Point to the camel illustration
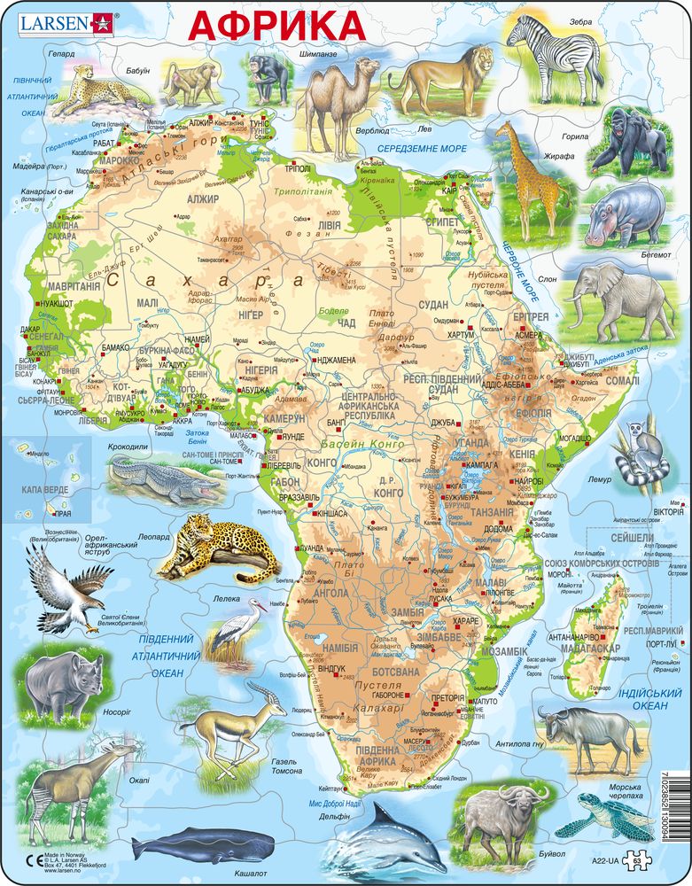pyautogui.click(x=332, y=97)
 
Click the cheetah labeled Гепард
pyautogui.click(x=85, y=89)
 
